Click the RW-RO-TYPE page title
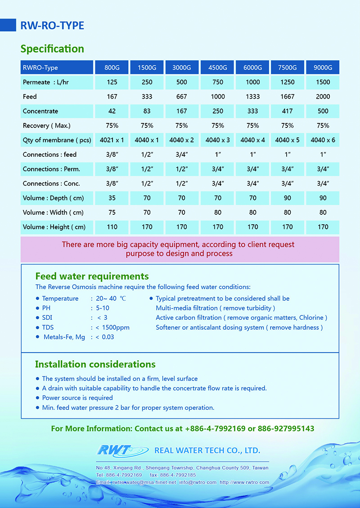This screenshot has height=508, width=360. pyautogui.click(x=52, y=26)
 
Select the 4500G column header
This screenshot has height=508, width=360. pyautogui.click(x=218, y=68)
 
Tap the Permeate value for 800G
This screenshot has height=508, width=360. pyautogui.click(x=112, y=82)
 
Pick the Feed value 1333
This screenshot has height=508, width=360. pyautogui.click(x=252, y=96)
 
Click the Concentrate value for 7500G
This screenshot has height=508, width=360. pyautogui.click(x=288, y=111)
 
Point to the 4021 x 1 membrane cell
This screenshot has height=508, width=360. pyautogui.click(x=112, y=140)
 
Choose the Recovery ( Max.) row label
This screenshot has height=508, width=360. pyautogui.click(x=47, y=125)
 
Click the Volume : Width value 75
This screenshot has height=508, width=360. pyautogui.click(x=112, y=212)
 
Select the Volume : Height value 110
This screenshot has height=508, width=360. pyautogui.click(x=112, y=227)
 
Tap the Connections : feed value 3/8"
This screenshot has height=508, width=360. pyautogui.click(x=112, y=154)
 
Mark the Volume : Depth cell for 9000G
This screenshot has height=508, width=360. pyautogui.click(x=323, y=198)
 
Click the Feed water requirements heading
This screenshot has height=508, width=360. pyautogui.click(x=92, y=276)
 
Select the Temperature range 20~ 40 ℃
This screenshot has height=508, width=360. pyautogui.click(x=111, y=299)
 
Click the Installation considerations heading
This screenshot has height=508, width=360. pyautogui.click(x=95, y=364)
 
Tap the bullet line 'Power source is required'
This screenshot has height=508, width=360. pyautogui.click(x=77, y=398)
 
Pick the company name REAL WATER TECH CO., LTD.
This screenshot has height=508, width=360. pyautogui.click(x=207, y=450)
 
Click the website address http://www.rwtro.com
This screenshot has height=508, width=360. pyautogui.click(x=244, y=482)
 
